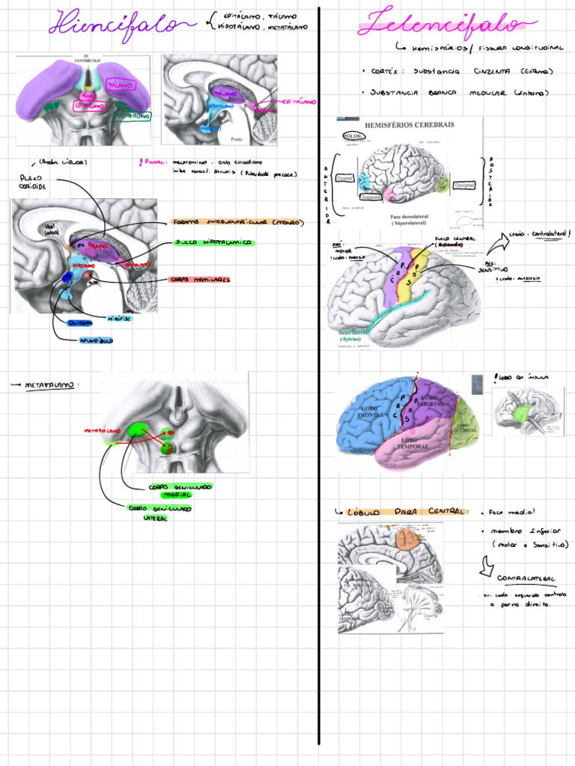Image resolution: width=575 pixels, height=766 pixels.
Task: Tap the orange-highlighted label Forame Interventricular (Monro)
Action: (x=237, y=222)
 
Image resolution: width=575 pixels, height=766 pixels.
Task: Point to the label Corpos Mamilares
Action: (x=200, y=280)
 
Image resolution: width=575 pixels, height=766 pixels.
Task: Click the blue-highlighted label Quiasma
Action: (x=80, y=322)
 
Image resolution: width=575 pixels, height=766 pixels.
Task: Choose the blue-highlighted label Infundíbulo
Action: (x=96, y=340)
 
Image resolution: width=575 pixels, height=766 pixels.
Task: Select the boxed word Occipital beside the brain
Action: (x=464, y=184)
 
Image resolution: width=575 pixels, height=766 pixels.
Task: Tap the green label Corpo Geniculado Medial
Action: (x=179, y=491)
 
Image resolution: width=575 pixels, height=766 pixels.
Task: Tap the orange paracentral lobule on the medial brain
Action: (x=407, y=540)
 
